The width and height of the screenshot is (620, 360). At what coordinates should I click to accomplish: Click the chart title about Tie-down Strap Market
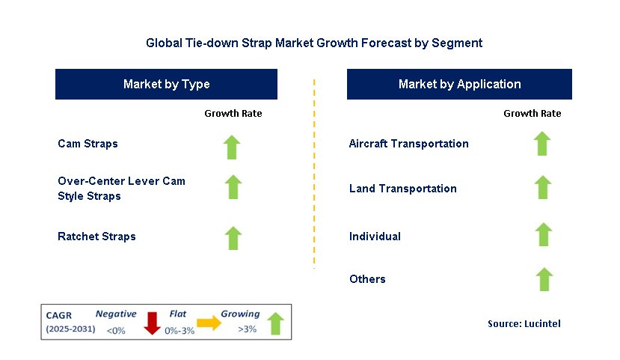pos(314,43)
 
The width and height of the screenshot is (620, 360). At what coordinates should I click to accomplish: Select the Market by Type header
pos(166,84)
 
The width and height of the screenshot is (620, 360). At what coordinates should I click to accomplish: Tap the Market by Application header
pos(459,84)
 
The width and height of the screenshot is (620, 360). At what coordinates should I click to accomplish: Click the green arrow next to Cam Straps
pos(232,147)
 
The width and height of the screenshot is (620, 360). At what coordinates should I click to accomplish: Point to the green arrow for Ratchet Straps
pos(233,238)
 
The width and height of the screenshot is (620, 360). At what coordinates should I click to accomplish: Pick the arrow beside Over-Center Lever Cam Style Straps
pos(233,186)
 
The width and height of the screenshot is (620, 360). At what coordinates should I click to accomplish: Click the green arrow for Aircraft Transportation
pos(542,143)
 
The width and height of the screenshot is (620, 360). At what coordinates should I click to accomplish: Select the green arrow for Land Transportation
pos(543,187)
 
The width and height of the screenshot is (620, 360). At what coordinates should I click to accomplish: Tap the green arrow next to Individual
pos(544,234)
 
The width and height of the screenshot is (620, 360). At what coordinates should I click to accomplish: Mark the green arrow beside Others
pos(544,279)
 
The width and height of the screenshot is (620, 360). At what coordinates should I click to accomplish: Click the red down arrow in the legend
pos(152,323)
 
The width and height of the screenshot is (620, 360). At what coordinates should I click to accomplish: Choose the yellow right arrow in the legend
pos(209,323)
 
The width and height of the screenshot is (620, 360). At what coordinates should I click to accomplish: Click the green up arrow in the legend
pos(276,323)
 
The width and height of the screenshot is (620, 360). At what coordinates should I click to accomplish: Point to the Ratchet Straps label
pos(96,237)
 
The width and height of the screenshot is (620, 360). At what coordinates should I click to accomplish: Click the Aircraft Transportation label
pos(408,143)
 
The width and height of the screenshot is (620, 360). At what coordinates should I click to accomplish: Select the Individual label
pos(375,237)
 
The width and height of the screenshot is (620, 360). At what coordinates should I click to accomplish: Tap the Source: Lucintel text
pos(524,323)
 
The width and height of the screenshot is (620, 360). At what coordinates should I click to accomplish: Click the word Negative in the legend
pos(116,314)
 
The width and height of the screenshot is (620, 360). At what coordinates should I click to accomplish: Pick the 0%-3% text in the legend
pos(179,331)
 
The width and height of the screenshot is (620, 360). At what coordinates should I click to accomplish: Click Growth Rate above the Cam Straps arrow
pos(233,114)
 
